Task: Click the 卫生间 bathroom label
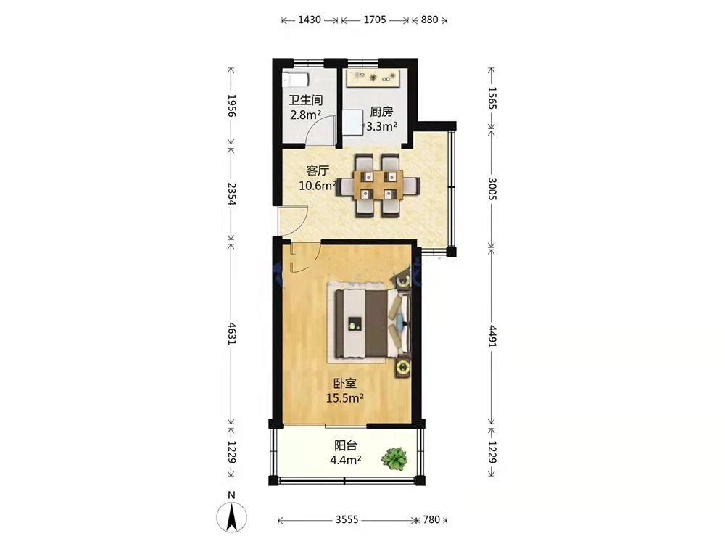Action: click(x=306, y=100)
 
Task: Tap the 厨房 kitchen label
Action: click(x=381, y=112)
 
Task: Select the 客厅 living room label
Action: click(x=318, y=171)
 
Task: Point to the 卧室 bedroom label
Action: click(x=345, y=384)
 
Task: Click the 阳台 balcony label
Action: click(x=346, y=446)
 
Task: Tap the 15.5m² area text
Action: click(x=345, y=397)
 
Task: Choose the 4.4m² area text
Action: click(x=346, y=461)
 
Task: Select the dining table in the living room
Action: click(x=378, y=185)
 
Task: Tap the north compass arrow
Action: click(x=232, y=516)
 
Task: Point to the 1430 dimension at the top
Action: click(x=310, y=20)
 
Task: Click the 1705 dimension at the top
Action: click(x=375, y=20)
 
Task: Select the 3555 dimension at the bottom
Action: click(x=347, y=520)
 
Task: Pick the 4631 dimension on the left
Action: click(x=232, y=334)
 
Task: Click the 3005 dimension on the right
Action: click(x=492, y=189)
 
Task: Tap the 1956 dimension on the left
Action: click(x=232, y=106)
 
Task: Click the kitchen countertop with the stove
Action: click(x=373, y=78)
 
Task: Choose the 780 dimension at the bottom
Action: click(x=431, y=520)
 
